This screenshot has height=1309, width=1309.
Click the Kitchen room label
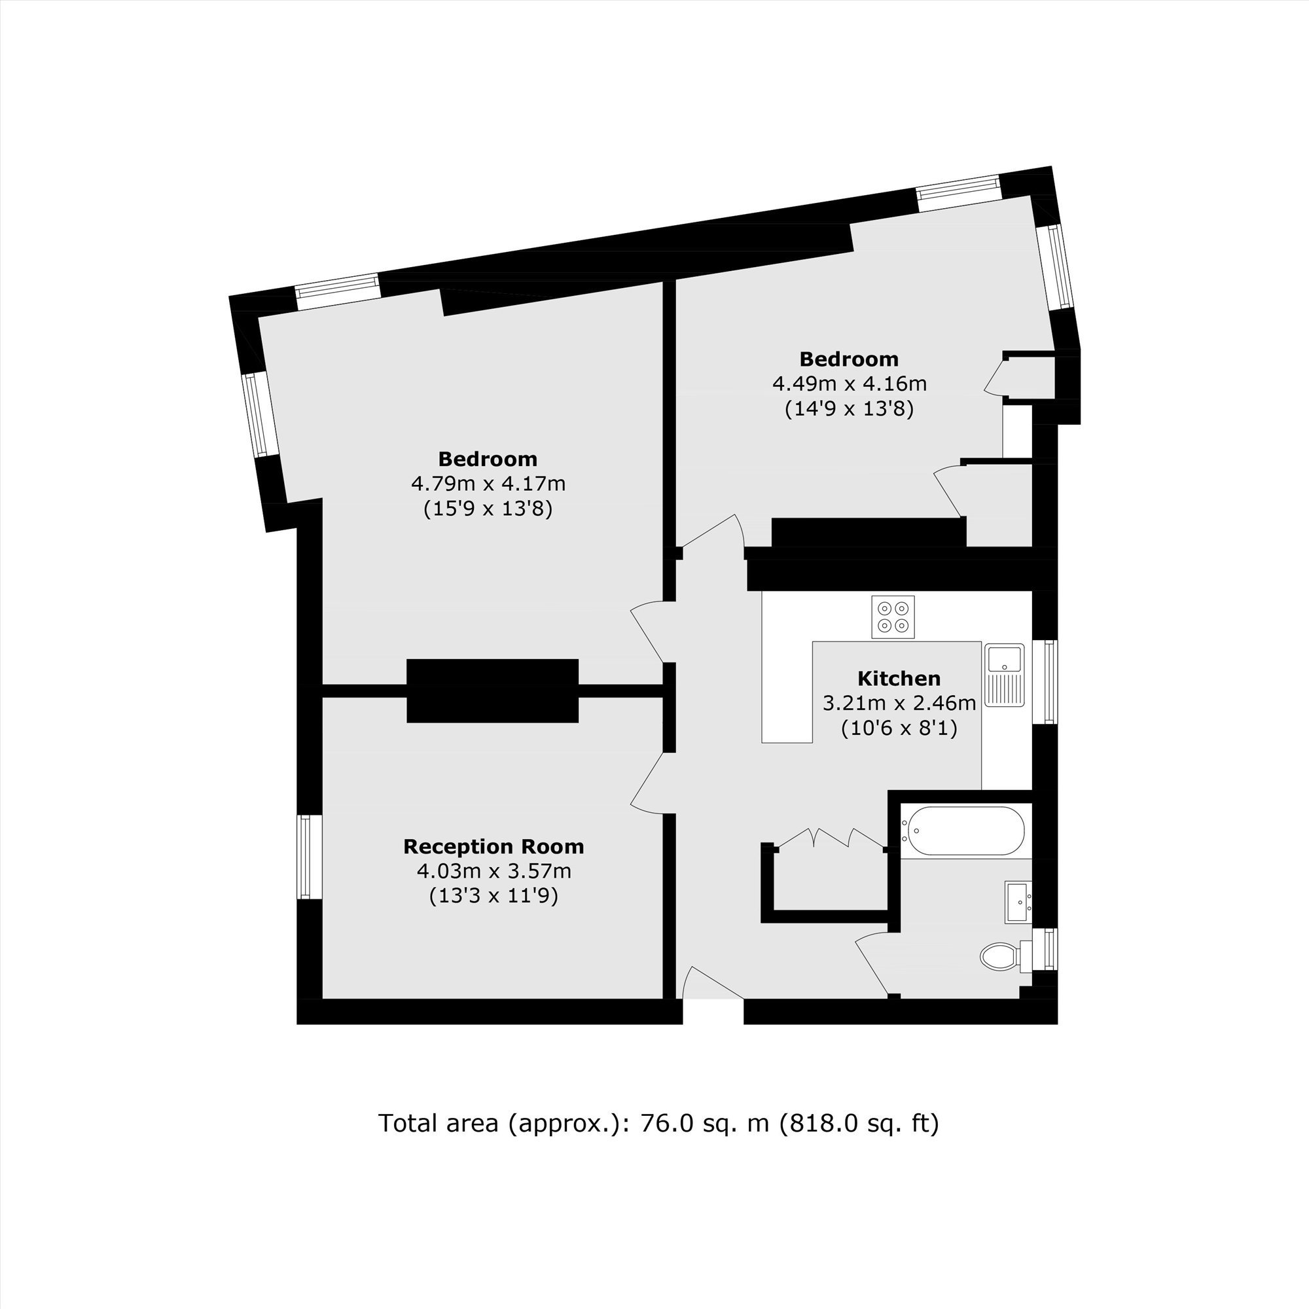pos(899,678)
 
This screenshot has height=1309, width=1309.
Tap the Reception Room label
pos(493,846)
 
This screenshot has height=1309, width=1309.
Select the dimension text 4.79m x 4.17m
pos(488,484)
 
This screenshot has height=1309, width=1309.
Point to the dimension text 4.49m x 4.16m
pos(850,384)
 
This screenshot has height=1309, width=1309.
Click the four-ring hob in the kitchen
pos(893,617)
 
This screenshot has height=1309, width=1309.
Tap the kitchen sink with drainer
pos(1004,675)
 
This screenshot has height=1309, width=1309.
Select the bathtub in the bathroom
pos(962,830)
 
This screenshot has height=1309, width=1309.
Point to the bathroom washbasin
pos(1018,902)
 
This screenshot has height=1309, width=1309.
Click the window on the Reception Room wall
pos(309,857)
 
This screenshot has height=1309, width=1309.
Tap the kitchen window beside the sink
pos(1045,681)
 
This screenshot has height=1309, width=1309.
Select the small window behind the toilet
pos(1045,950)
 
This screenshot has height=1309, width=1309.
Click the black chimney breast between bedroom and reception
pos(493,690)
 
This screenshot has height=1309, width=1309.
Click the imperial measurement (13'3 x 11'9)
pos(493,896)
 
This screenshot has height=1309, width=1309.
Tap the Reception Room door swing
pos(647,781)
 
